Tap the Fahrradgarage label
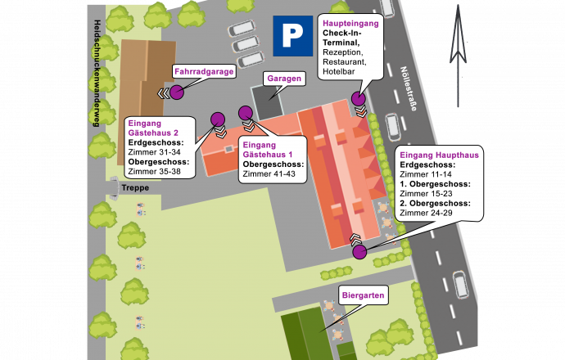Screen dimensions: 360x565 click(204, 72)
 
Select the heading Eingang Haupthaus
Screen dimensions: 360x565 click(439, 155)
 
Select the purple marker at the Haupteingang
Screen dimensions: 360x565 click(358, 100)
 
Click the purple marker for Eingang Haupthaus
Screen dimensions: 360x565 click(360, 251)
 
